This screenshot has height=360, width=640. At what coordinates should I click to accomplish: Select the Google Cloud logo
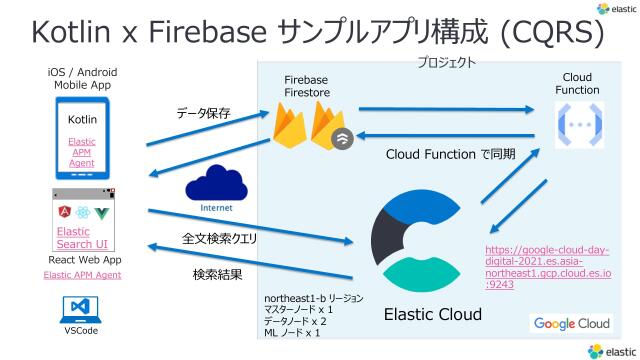[571, 323]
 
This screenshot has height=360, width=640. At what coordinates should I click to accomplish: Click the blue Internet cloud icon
[217, 184]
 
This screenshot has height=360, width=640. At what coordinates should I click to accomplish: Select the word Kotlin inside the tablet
[82, 120]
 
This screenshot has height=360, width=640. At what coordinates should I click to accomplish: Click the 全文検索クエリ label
[219, 240]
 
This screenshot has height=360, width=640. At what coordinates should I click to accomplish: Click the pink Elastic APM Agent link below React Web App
[82, 274]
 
